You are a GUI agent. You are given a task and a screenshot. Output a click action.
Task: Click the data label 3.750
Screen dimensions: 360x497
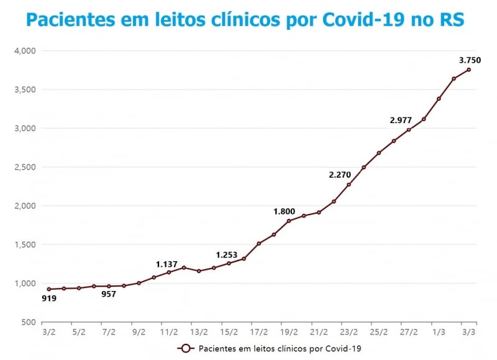[469, 60]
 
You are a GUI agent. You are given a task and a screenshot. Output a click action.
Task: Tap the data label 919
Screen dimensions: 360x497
[49, 298]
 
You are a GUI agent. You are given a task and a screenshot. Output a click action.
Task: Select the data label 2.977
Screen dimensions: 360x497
[401, 120]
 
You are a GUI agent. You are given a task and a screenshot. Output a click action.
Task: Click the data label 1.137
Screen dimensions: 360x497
[166, 264]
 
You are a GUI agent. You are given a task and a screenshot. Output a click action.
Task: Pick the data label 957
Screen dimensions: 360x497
[109, 294]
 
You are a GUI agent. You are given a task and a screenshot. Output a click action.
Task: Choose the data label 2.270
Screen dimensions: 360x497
[340, 175]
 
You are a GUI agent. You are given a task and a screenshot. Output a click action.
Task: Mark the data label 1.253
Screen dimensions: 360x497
[227, 255]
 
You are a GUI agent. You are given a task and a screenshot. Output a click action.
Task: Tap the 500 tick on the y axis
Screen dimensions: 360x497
[29, 322]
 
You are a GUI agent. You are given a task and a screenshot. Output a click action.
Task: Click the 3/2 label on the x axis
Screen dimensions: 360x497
[48, 333]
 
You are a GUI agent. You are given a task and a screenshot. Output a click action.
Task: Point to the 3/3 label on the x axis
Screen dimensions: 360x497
[468, 333]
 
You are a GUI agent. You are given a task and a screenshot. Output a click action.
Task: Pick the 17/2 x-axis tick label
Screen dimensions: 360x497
[258, 333]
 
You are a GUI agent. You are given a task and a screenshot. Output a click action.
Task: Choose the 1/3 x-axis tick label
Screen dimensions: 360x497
[439, 333]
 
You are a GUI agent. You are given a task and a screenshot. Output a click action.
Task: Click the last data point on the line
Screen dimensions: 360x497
[468, 70]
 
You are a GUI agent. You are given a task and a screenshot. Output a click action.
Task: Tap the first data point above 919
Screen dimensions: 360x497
[49, 289]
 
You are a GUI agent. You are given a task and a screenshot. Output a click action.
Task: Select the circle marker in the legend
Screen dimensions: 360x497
[185, 348]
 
